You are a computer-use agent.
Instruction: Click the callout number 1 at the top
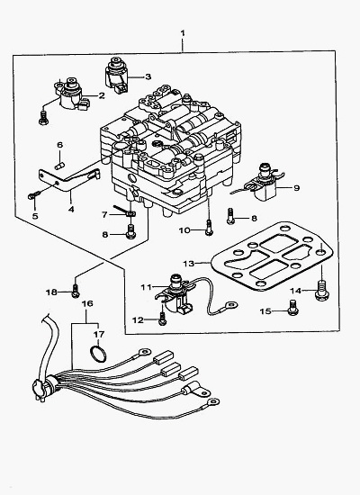(183, 32)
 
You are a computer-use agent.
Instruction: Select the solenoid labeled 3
(116, 75)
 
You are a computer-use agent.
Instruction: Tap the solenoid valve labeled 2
(71, 94)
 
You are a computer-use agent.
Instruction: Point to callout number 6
(59, 145)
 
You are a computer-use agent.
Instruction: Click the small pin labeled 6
(59, 166)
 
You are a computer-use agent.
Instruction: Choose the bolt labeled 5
(34, 195)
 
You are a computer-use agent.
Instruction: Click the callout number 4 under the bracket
(71, 209)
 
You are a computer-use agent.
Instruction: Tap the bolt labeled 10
(209, 228)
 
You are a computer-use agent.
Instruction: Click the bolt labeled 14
(321, 291)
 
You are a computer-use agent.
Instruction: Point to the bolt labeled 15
(292, 307)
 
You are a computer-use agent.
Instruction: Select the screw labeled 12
(163, 319)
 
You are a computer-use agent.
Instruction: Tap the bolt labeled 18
(76, 291)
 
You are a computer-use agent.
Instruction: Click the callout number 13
(188, 263)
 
